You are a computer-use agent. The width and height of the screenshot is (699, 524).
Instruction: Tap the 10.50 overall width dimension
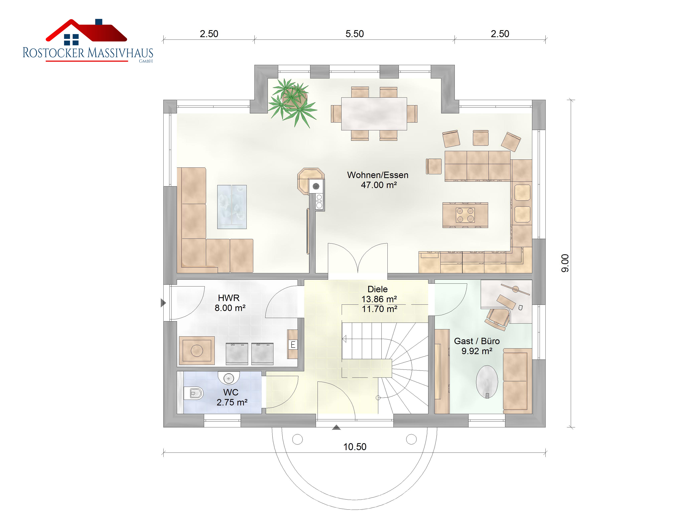tap(354, 447)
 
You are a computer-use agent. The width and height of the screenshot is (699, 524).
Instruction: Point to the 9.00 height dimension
tap(565, 263)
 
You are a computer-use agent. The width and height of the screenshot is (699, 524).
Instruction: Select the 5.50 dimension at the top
tap(354, 34)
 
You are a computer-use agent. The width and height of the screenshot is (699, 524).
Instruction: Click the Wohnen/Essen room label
tap(378, 180)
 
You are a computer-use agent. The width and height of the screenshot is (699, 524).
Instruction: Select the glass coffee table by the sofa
tap(232, 207)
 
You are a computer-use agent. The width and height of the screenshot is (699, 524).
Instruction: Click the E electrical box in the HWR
tap(293, 345)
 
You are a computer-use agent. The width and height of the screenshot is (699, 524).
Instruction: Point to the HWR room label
tap(230, 303)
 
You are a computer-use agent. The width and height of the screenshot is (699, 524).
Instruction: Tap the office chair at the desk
tap(498, 319)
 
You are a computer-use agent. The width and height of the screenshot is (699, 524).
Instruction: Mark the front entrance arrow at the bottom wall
tap(336, 427)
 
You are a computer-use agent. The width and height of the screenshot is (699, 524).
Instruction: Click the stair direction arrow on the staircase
tap(344, 339)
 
